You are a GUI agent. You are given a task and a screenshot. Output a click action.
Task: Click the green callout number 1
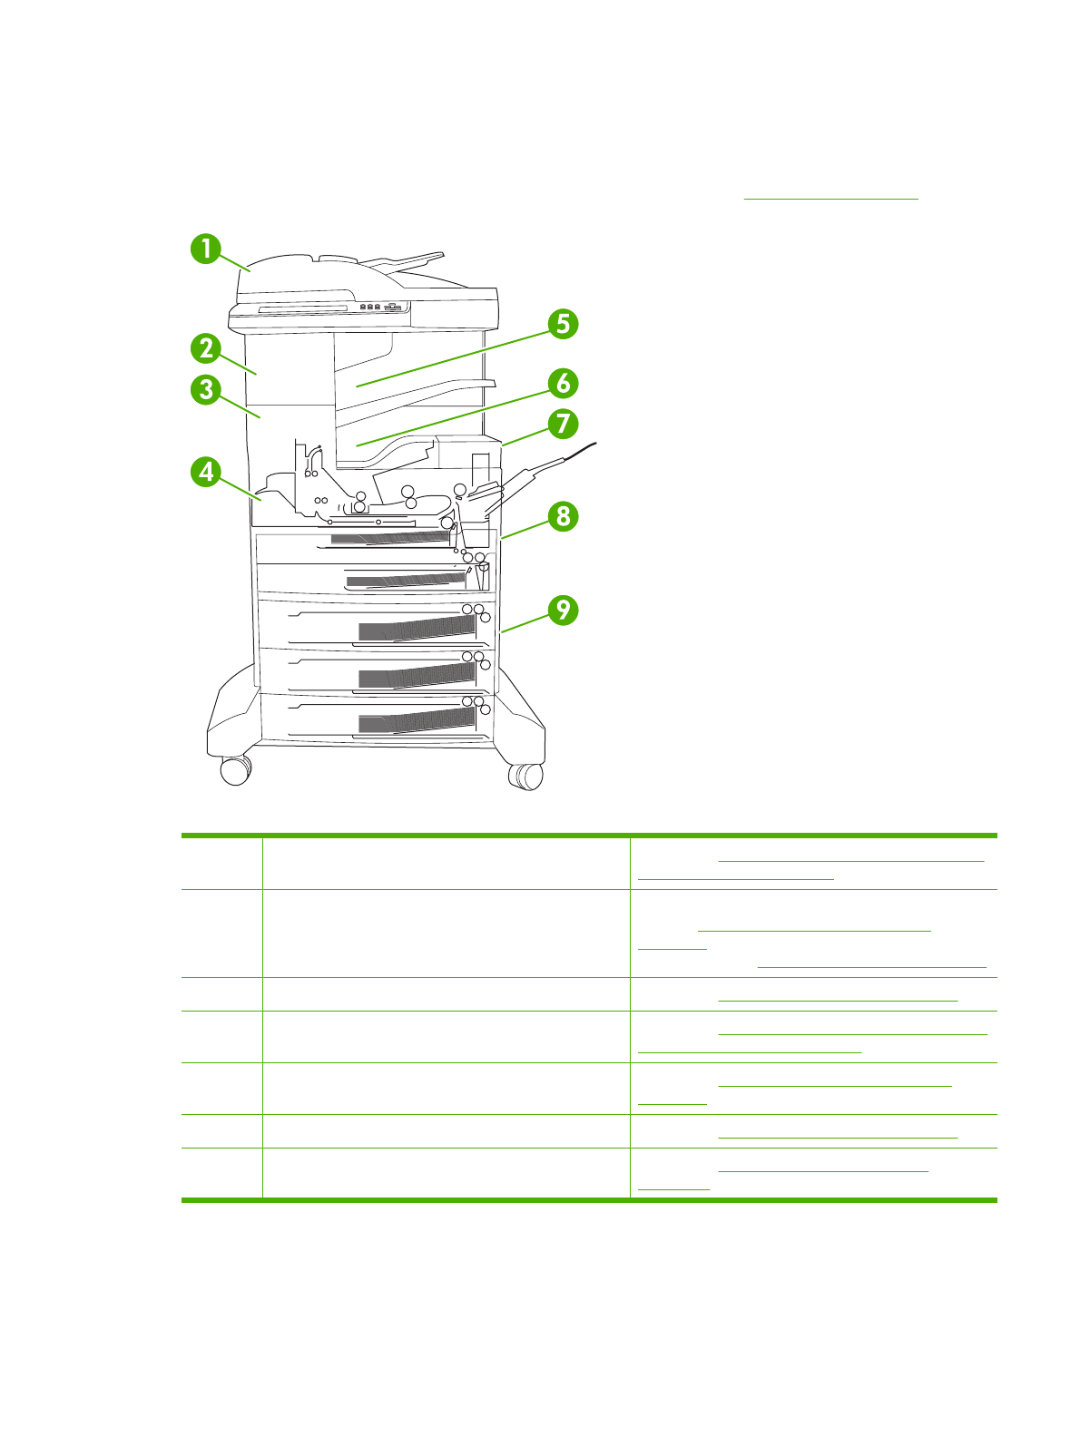(x=206, y=248)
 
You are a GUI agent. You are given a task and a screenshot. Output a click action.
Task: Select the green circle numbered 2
(x=206, y=348)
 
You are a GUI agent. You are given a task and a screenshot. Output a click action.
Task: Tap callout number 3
(x=206, y=390)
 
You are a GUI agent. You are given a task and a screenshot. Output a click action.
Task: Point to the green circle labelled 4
(x=206, y=472)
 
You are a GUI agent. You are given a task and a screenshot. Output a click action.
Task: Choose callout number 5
(x=563, y=324)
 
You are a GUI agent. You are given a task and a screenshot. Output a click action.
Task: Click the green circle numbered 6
(x=563, y=383)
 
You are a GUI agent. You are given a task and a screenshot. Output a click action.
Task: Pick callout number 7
(x=563, y=424)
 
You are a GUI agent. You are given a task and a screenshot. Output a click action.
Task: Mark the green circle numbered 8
(x=563, y=516)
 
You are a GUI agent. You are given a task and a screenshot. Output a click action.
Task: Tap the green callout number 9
(x=563, y=609)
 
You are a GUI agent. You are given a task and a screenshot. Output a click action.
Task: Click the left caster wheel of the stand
(x=235, y=771)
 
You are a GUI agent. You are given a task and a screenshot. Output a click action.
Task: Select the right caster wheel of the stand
(x=525, y=776)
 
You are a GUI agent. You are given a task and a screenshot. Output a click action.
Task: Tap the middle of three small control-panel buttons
(x=370, y=307)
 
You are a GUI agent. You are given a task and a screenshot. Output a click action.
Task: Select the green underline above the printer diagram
(x=831, y=198)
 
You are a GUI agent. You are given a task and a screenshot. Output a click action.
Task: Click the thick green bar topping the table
(x=589, y=835)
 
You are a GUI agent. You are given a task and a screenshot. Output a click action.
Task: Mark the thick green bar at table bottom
(x=589, y=1200)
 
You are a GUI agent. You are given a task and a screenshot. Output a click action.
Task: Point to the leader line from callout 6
(x=454, y=415)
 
